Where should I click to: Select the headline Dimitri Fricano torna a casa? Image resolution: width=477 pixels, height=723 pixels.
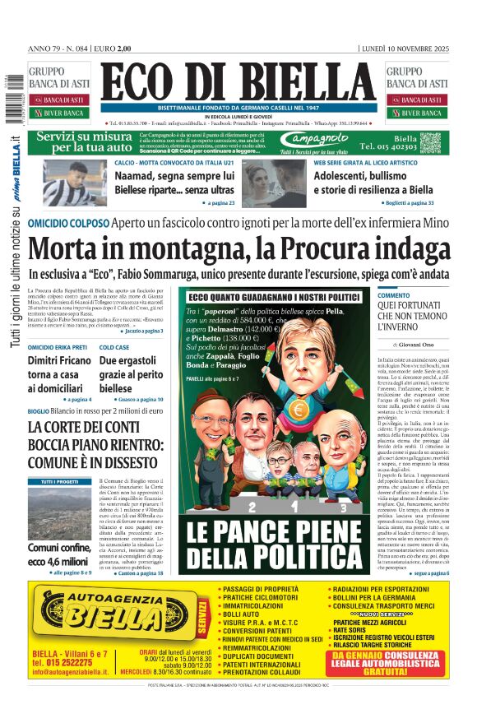pyautogui.click(x=59, y=373)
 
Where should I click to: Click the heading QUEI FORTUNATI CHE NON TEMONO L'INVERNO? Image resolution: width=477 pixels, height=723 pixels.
pyautogui.click(x=412, y=317)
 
